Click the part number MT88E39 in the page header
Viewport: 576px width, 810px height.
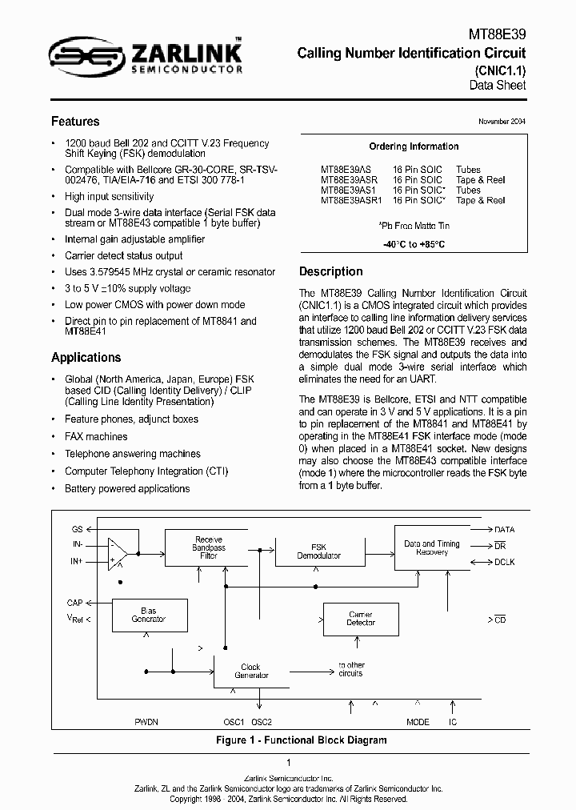(x=497, y=34)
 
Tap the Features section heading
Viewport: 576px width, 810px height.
(x=75, y=122)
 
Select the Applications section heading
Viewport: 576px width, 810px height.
(x=86, y=358)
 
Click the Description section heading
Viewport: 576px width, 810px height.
(x=330, y=271)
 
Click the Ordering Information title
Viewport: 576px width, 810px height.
(x=414, y=146)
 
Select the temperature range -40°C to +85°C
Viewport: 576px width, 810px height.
(x=414, y=244)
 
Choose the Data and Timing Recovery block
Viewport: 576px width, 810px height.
(x=431, y=548)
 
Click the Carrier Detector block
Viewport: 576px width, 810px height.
(x=360, y=619)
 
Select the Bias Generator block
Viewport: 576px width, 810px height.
(x=148, y=615)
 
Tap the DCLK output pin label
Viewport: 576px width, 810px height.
(x=505, y=562)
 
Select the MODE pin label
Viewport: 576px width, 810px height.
(x=418, y=722)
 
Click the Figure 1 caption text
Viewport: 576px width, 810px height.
(x=302, y=740)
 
